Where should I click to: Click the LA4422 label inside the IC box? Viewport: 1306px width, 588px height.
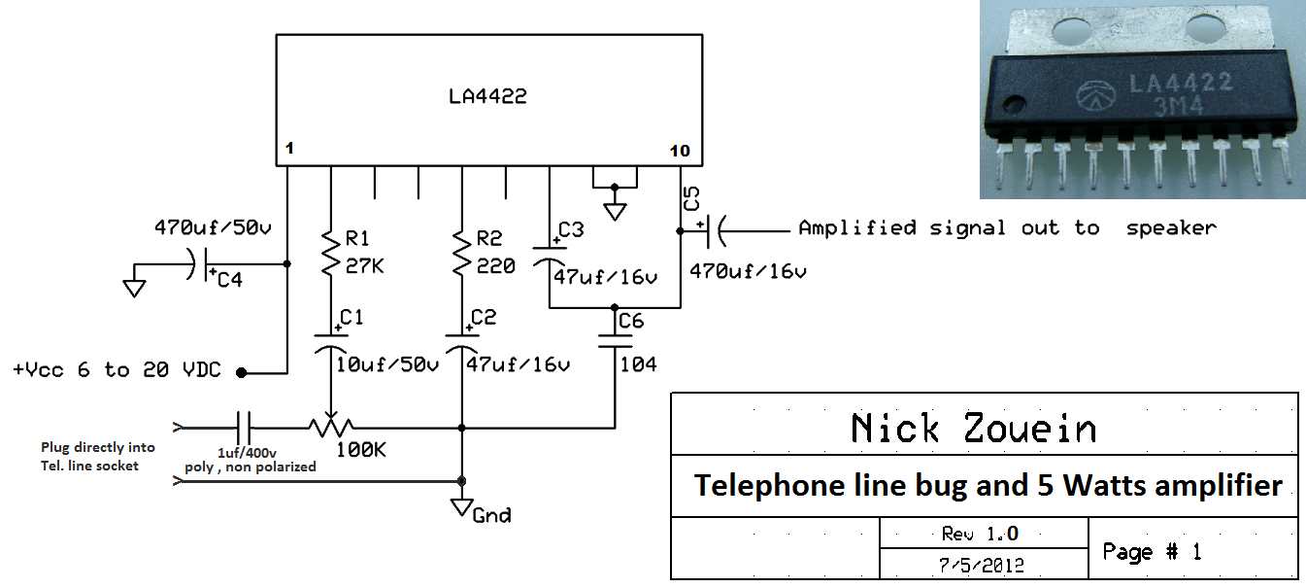(x=487, y=97)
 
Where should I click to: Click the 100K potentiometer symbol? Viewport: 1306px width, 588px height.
(x=331, y=427)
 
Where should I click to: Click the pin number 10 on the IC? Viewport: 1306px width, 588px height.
(x=680, y=151)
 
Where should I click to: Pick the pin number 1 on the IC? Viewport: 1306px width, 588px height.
(x=288, y=149)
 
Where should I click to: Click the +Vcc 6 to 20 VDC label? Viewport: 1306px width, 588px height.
(x=117, y=370)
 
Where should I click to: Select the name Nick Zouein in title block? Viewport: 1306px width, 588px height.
(x=973, y=428)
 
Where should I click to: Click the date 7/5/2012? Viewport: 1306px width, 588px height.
(x=982, y=565)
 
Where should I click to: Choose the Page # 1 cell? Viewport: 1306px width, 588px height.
(x=1152, y=552)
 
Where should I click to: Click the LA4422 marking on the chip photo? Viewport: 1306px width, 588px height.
(x=1179, y=84)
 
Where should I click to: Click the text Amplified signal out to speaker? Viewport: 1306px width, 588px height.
(x=1006, y=228)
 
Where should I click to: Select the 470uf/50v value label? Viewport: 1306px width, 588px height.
(x=212, y=227)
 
